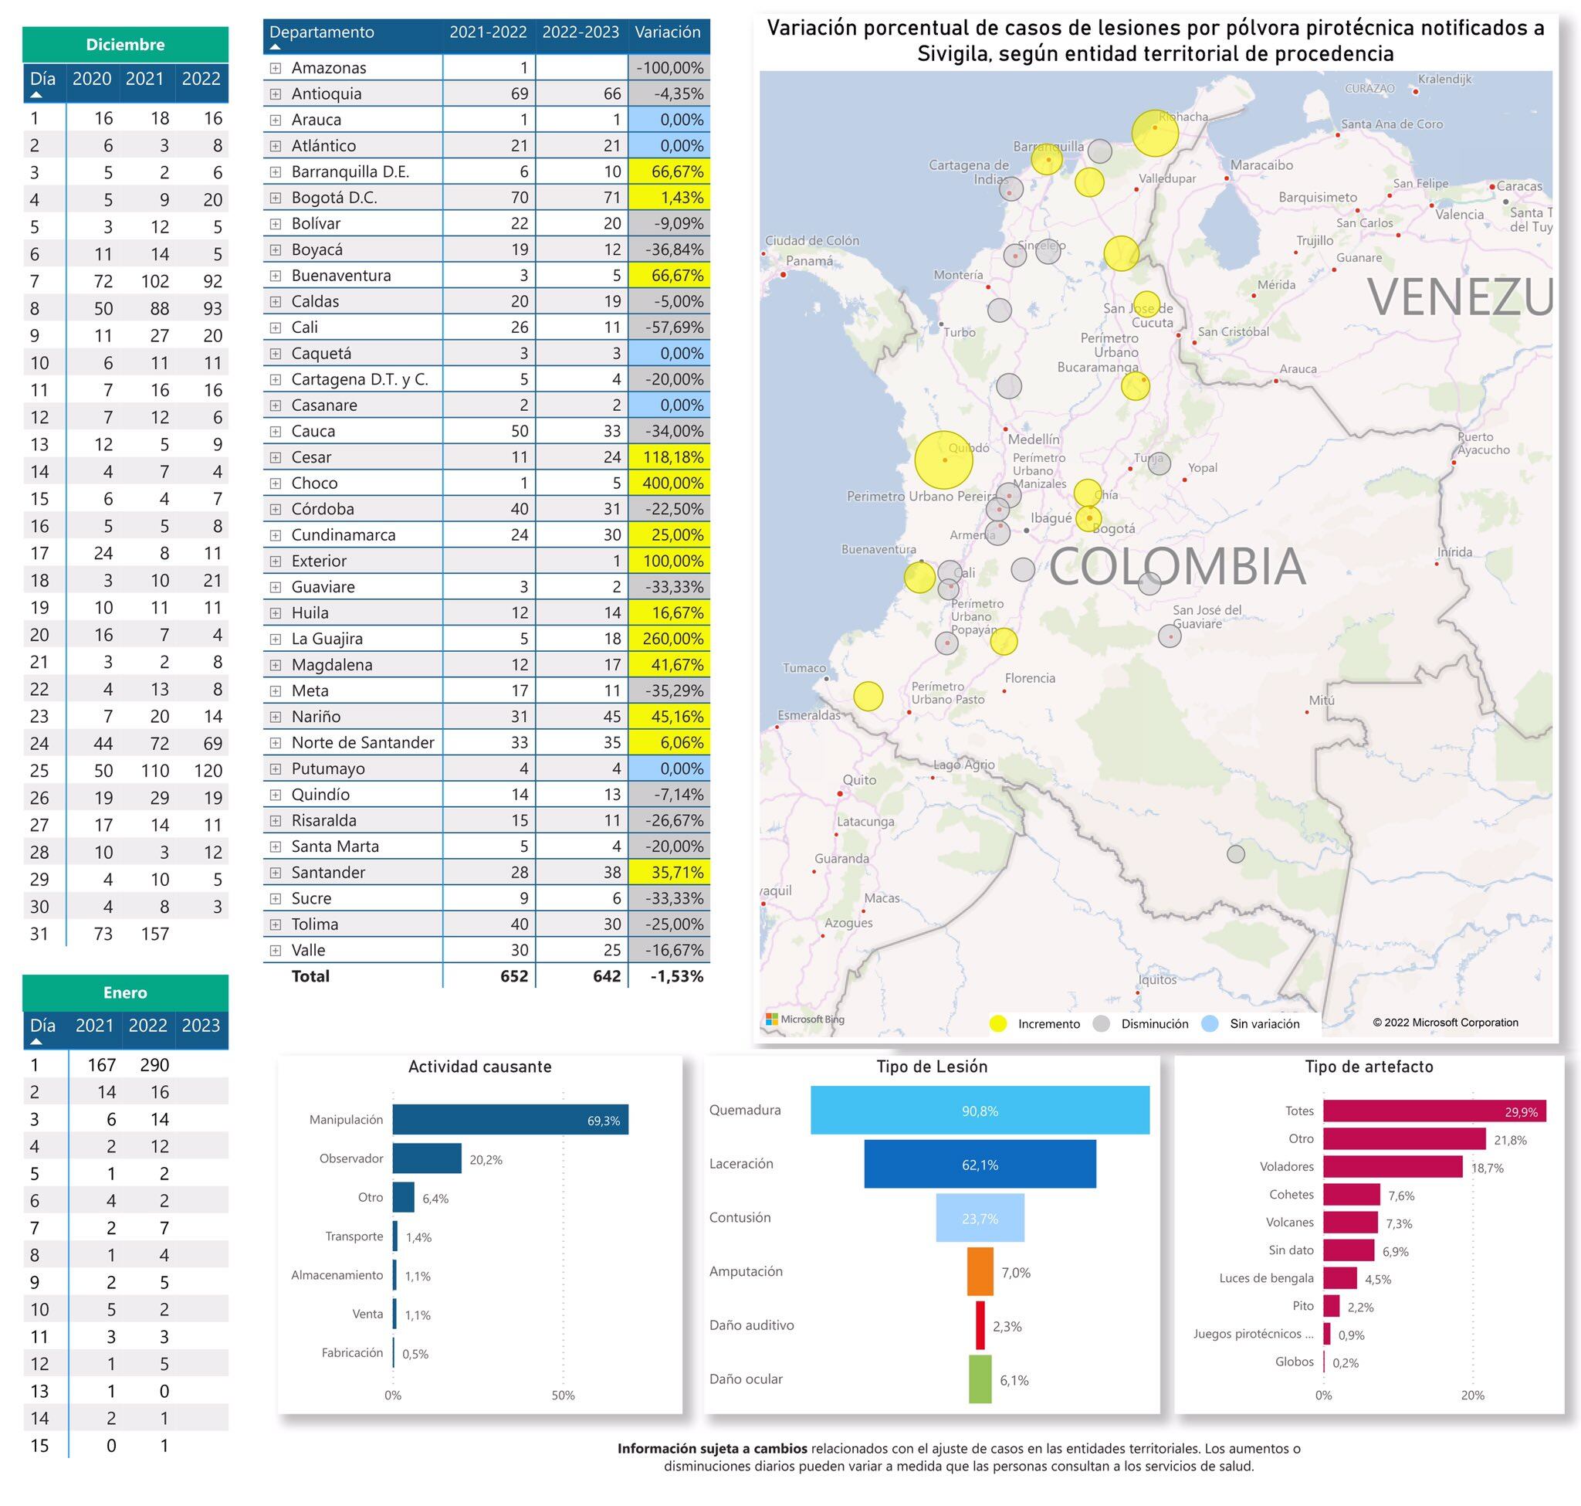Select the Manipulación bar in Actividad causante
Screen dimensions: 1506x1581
coord(510,1120)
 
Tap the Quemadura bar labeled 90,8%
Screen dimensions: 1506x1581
coord(979,1111)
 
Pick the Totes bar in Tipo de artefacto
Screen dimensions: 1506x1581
coord(1434,1112)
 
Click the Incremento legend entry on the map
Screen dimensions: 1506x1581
coord(1035,1024)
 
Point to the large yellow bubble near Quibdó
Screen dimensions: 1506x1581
coord(943,460)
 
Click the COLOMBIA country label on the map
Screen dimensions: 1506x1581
coord(1176,567)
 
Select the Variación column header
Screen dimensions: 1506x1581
coord(667,32)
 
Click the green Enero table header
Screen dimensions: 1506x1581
coord(125,993)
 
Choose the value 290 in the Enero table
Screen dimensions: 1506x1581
coord(154,1065)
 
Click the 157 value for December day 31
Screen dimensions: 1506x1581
coord(154,934)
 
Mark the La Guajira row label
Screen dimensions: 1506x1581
coord(327,639)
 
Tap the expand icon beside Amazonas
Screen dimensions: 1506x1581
coord(276,68)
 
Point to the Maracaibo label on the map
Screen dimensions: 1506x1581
coord(1261,165)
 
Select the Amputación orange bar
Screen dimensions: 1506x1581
coord(979,1271)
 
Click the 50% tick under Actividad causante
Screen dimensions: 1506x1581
coord(563,1396)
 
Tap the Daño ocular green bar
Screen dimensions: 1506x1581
coord(979,1379)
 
